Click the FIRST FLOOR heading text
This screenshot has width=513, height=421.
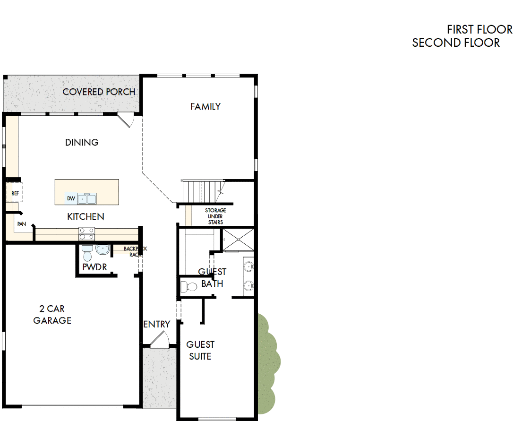[x=479, y=29]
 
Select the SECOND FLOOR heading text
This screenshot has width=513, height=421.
[x=456, y=43]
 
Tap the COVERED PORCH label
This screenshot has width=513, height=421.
[x=99, y=92]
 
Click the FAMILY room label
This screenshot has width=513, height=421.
[x=205, y=106]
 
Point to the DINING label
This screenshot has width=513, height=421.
[x=82, y=142]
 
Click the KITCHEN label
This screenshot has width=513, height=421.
[x=85, y=216]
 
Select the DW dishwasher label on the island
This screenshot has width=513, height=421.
[x=71, y=198]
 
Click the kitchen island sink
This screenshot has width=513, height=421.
[x=86, y=198]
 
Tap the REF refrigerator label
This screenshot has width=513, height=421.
[x=15, y=193]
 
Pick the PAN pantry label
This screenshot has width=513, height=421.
[x=21, y=224]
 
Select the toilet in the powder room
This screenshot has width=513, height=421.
[x=87, y=253]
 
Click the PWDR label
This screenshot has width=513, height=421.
[x=94, y=267]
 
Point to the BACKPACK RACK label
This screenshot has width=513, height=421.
[x=132, y=251]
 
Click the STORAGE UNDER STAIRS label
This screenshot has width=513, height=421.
[x=215, y=216]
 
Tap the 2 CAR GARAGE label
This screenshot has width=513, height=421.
[x=52, y=315]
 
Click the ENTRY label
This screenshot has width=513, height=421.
[x=156, y=324]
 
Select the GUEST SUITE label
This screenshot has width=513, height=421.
[x=200, y=350]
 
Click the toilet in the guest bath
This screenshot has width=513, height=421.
[x=189, y=286]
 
